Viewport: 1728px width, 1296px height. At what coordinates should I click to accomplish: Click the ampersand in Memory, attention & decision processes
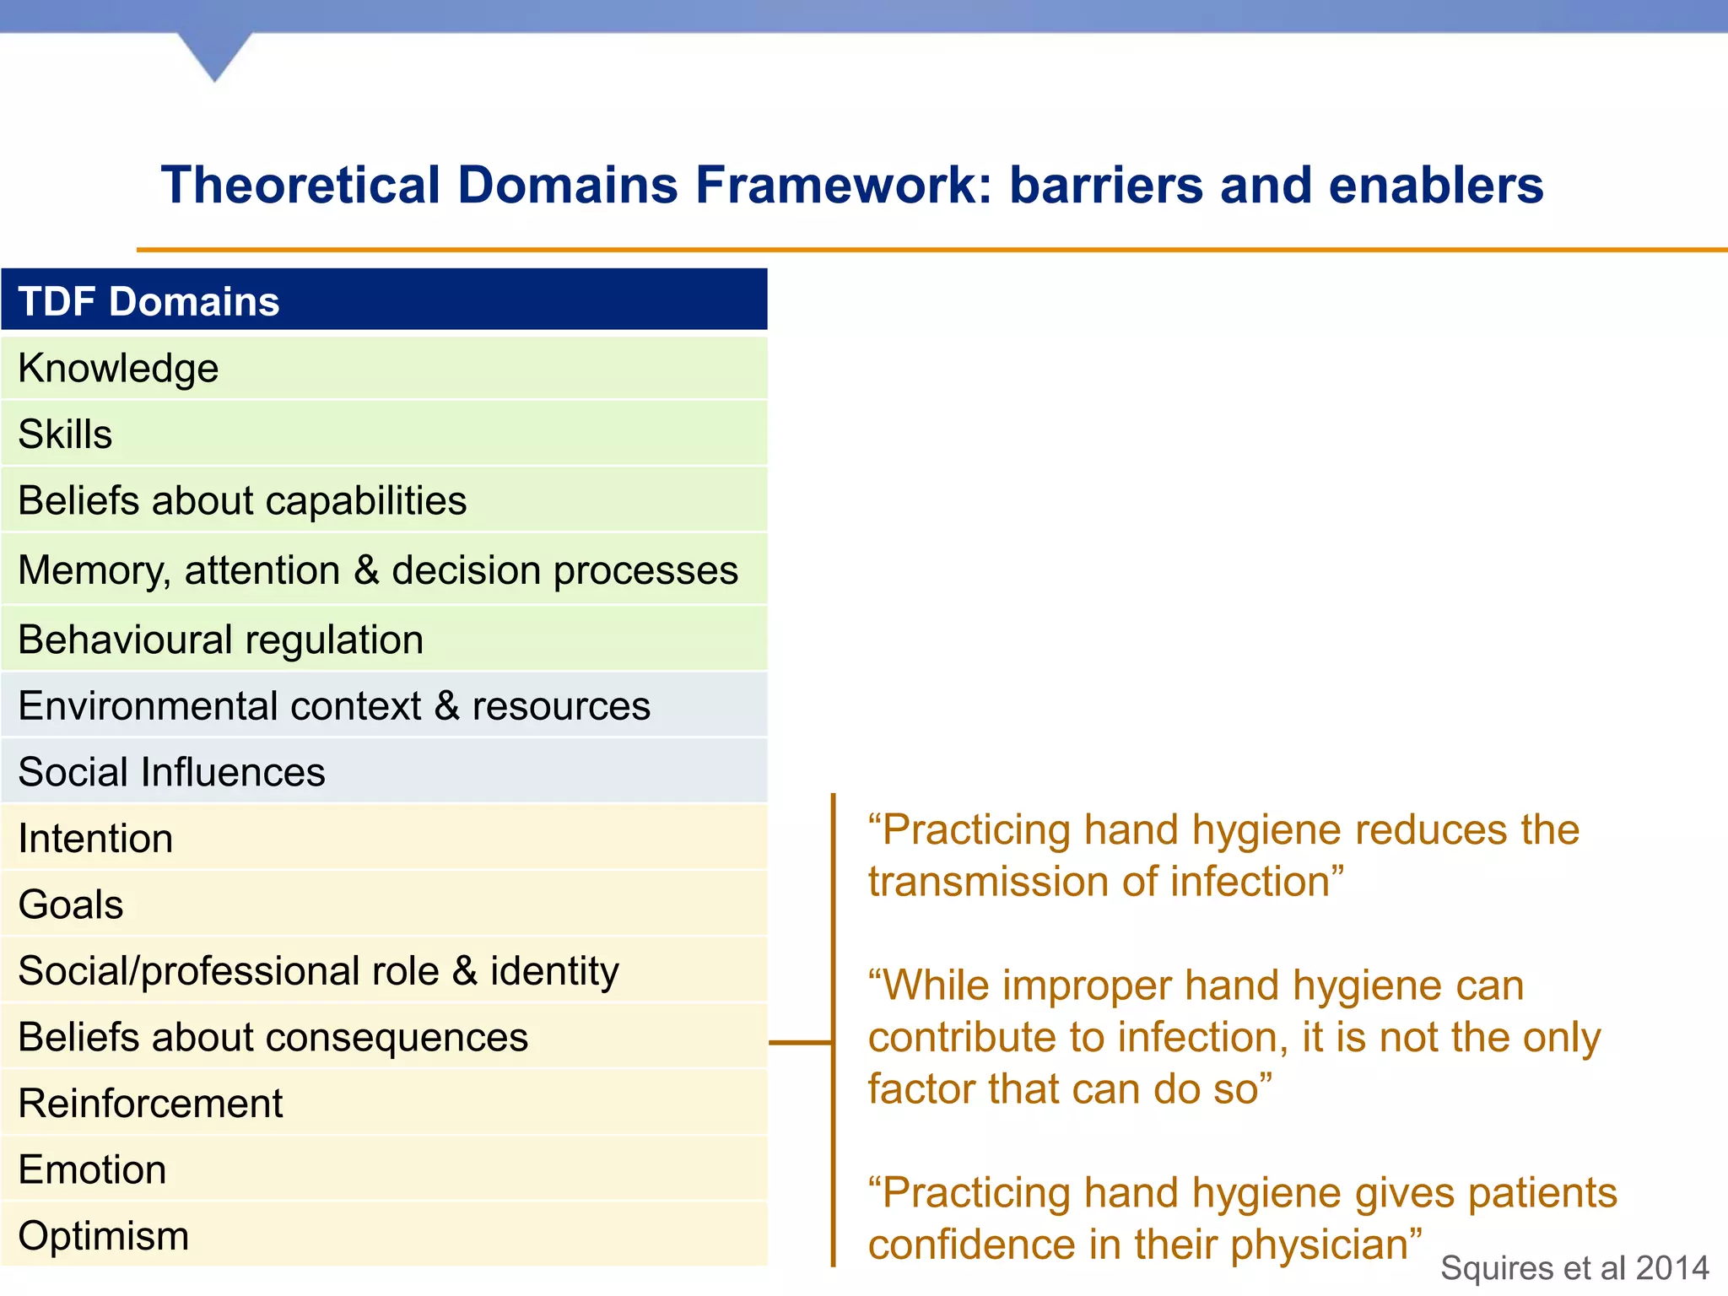pos(366,570)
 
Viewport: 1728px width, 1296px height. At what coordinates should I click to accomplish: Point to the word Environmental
pos(219,706)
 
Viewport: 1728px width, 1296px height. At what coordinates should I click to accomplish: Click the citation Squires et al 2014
pos(1574,1268)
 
